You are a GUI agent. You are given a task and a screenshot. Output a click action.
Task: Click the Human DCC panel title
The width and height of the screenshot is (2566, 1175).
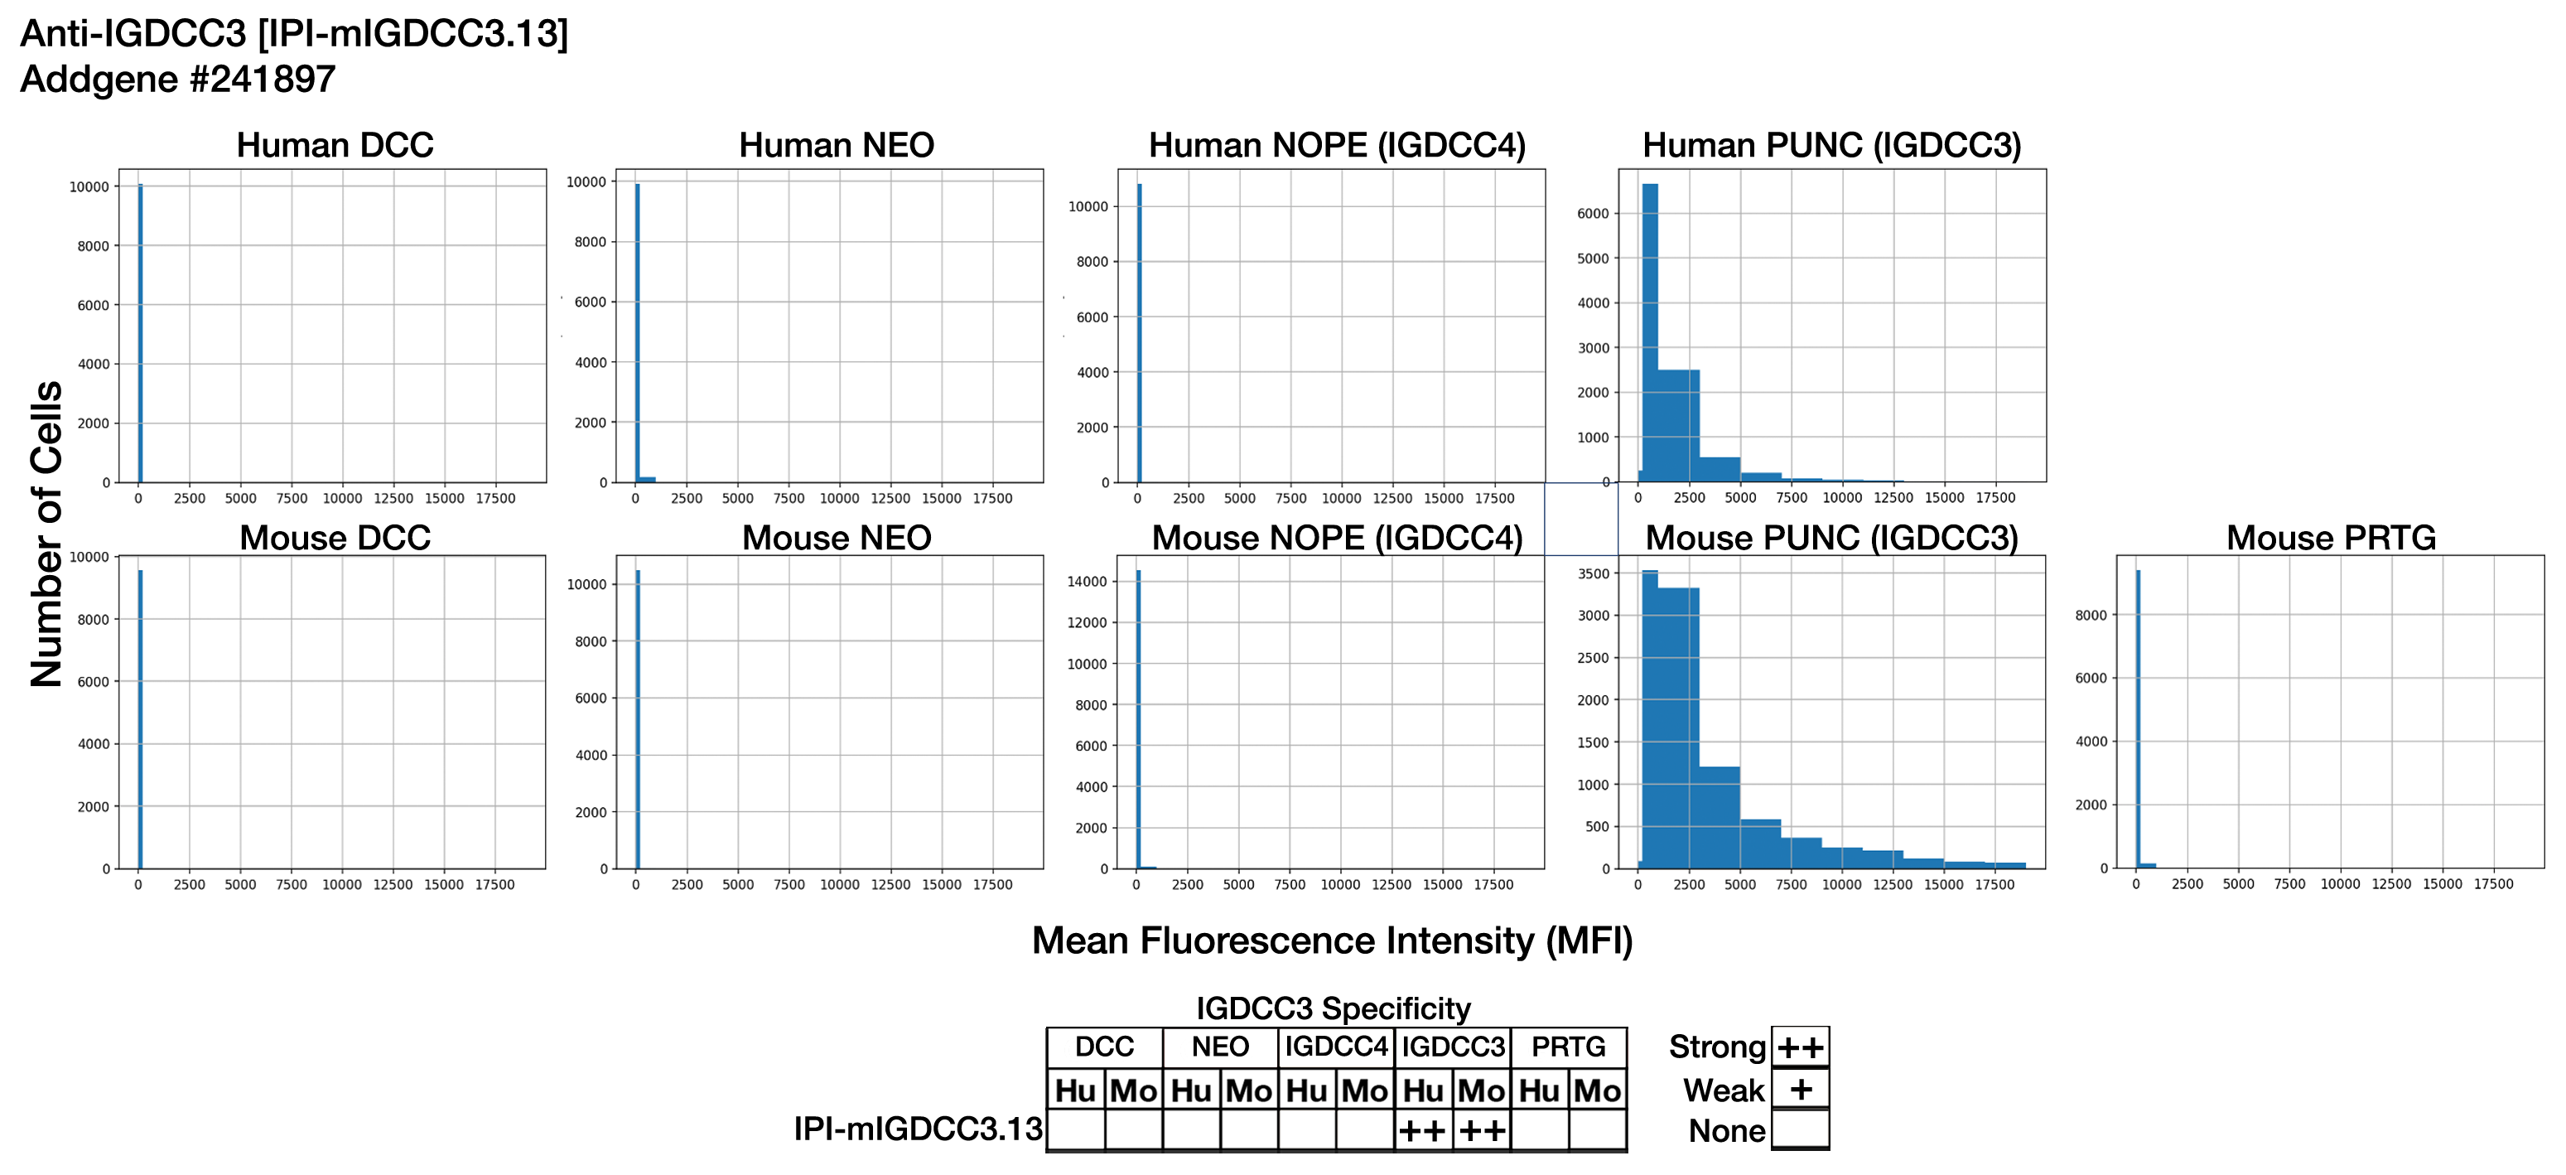tap(335, 146)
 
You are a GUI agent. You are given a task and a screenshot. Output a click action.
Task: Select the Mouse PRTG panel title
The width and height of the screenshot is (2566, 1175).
tap(2330, 538)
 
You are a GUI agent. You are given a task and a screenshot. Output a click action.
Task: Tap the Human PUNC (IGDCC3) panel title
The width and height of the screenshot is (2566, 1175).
tap(1830, 146)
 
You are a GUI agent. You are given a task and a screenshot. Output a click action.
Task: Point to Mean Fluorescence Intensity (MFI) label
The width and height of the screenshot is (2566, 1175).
tap(1332, 940)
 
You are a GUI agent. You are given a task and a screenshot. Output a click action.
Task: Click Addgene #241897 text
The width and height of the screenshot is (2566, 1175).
tap(177, 80)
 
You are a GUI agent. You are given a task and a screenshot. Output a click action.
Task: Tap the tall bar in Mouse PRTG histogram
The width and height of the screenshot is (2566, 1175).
tap(2138, 718)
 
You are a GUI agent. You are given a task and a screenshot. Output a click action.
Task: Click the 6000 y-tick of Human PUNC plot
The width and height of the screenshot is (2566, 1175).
tap(1593, 213)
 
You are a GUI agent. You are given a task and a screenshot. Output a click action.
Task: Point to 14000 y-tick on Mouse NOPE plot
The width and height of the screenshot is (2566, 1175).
tap(1088, 582)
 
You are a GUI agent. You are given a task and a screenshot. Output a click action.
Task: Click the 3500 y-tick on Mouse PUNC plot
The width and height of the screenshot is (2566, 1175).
tap(1594, 574)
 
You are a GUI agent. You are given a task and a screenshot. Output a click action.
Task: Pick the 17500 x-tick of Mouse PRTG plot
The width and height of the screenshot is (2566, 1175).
tap(2493, 884)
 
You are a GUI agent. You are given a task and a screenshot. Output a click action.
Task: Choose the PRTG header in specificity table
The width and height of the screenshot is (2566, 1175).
tap(1568, 1047)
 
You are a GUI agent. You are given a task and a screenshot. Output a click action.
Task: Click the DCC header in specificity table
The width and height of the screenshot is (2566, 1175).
tap(1104, 1047)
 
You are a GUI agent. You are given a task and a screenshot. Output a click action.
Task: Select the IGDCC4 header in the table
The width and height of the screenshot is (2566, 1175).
tap(1336, 1047)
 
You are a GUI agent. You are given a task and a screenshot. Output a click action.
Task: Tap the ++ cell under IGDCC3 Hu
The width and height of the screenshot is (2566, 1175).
tap(1422, 1131)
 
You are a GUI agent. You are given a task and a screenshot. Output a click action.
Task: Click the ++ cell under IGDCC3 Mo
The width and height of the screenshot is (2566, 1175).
tap(1481, 1131)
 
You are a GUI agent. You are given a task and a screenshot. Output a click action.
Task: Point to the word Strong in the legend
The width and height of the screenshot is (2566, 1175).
tap(1716, 1047)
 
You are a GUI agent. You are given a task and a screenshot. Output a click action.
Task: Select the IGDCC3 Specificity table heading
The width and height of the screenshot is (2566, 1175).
tap(1333, 1008)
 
